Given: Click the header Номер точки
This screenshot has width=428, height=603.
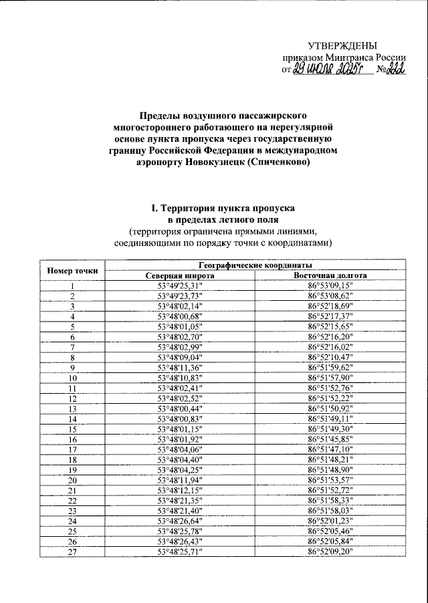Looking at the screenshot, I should pyautogui.click(x=72, y=270).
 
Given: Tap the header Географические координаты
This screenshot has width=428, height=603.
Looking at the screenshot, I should pyautogui.click(x=255, y=265).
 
